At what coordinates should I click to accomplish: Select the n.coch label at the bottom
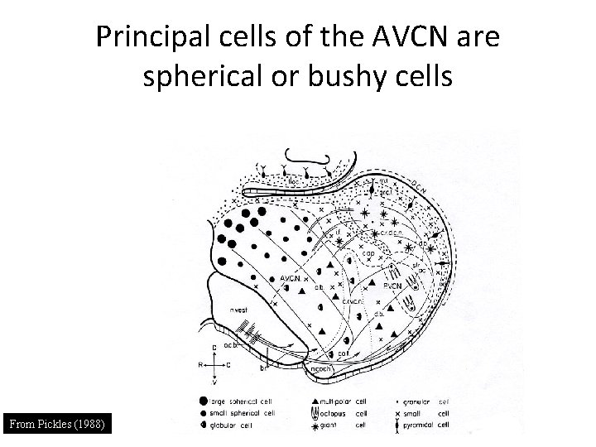(x=322, y=370)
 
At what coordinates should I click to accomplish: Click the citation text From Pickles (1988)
(x=57, y=425)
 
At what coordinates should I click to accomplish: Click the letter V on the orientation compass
(x=215, y=382)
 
